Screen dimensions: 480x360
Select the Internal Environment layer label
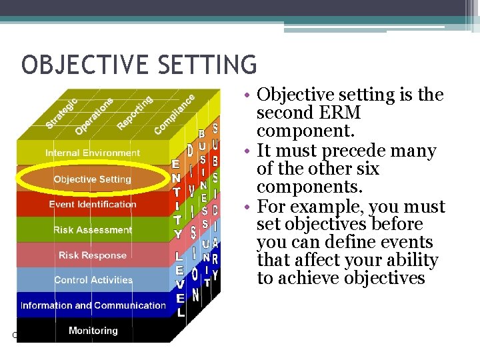[x=93, y=153]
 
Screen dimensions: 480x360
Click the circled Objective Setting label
[x=93, y=179]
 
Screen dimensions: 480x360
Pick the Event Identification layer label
[x=93, y=204]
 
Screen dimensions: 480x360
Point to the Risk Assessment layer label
[x=93, y=230]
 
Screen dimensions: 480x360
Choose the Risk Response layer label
[x=93, y=255]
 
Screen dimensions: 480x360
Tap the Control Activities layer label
[x=93, y=280]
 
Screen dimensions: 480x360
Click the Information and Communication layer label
[x=93, y=305]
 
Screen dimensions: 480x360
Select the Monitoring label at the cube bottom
[x=93, y=331]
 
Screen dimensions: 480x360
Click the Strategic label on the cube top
[x=61, y=113]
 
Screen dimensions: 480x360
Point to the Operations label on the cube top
[x=94, y=115]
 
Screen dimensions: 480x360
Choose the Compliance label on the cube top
[x=175, y=113]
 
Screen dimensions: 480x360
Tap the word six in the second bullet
[x=365, y=169]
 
